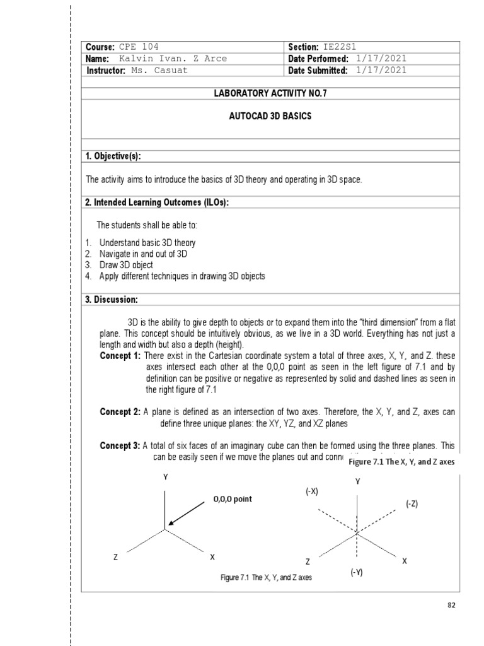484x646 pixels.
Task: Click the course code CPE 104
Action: click(139, 47)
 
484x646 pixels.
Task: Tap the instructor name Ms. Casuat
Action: click(159, 71)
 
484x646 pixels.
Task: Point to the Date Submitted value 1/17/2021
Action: click(381, 71)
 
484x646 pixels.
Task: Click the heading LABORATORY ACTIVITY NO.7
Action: click(272, 94)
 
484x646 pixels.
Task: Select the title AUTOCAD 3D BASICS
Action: click(272, 118)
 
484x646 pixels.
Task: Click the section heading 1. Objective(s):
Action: click(117, 156)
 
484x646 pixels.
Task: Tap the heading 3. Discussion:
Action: click(112, 299)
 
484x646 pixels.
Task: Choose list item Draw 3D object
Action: click(125, 265)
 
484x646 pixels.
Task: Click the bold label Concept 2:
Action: click(120, 412)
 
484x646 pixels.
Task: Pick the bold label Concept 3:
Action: click(120, 446)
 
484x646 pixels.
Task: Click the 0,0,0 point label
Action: click(232, 499)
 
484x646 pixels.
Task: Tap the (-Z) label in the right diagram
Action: click(412, 503)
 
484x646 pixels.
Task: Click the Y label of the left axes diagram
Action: click(166, 478)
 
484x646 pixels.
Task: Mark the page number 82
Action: click(451, 604)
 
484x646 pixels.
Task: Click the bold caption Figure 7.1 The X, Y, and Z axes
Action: click(401, 462)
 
